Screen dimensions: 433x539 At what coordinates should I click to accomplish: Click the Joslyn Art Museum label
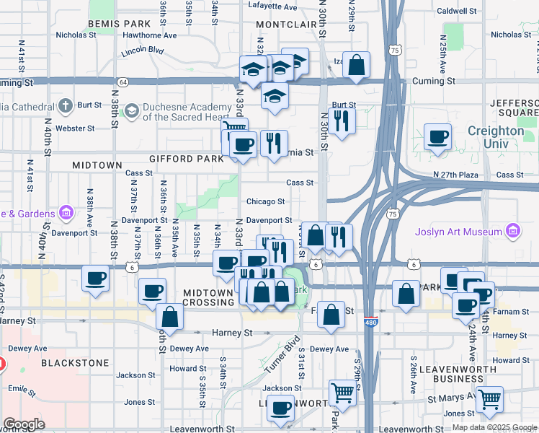pos(458,232)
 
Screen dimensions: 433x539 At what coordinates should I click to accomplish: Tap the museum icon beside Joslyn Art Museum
pos(512,231)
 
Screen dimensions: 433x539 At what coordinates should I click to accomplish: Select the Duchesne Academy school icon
pos(131,110)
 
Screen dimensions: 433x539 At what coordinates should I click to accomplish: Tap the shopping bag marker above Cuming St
pos(356,64)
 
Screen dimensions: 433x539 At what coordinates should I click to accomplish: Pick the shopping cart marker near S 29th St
pos(342,393)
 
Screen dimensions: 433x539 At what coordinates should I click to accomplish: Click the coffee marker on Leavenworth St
pos(280,407)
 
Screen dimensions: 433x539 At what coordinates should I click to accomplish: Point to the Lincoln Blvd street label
pos(143,51)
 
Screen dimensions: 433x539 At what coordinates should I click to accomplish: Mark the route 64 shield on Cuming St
pos(124,82)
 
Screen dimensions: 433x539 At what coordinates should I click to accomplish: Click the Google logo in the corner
pos(24,424)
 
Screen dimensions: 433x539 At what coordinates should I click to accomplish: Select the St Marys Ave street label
pos(450,398)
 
